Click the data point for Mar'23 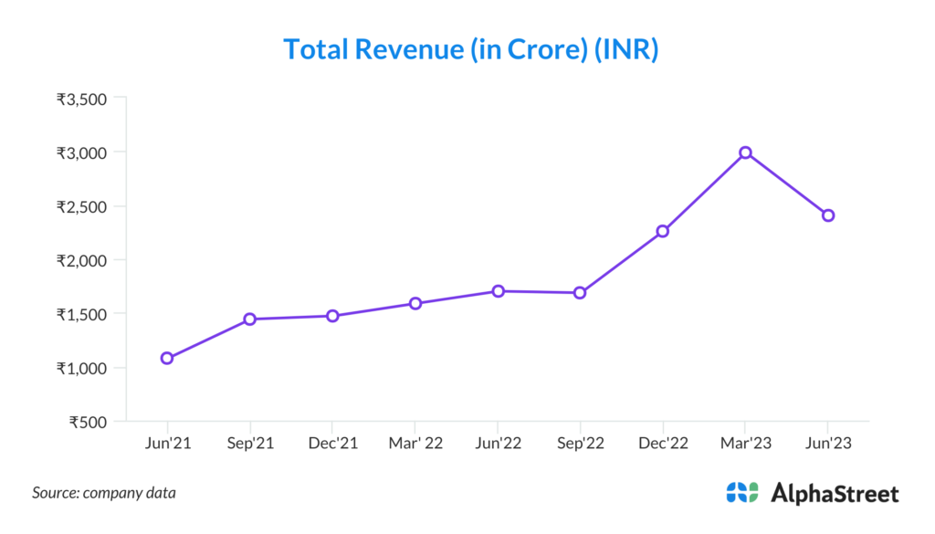[745, 152]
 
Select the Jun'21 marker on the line [167, 358]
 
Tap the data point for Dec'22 [663, 231]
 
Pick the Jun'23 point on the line [828, 215]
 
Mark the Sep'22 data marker [580, 293]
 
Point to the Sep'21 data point [249, 319]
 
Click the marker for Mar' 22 [415, 303]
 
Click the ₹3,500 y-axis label [82, 99]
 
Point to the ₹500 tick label [89, 422]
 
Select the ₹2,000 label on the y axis [82, 260]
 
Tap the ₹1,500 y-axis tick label [82, 314]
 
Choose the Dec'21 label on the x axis [332, 444]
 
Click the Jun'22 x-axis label [498, 444]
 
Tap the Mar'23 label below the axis [745, 444]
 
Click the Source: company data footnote [104, 493]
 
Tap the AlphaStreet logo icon [741, 493]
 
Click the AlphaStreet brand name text [835, 494]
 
